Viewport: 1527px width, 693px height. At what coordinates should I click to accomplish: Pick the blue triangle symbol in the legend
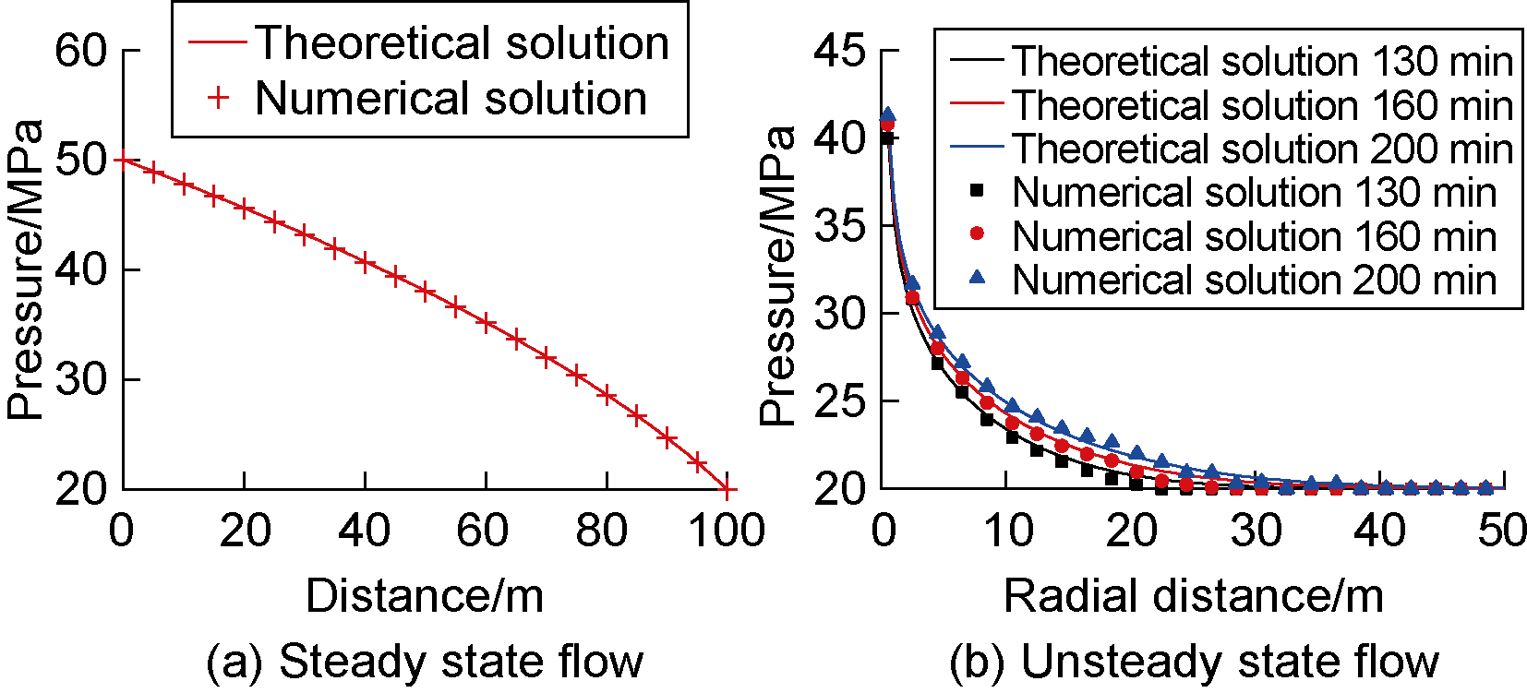click(x=977, y=277)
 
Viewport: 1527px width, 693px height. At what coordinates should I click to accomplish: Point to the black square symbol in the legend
click(x=977, y=191)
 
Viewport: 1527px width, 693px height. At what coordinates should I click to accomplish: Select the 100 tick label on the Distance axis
click(x=726, y=531)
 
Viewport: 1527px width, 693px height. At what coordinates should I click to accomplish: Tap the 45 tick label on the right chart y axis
click(x=840, y=50)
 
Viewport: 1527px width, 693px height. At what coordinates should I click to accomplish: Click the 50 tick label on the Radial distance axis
click(x=1502, y=531)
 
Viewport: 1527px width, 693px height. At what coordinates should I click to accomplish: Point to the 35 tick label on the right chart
click(x=840, y=225)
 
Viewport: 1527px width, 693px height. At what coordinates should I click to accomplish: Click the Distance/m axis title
click(x=425, y=596)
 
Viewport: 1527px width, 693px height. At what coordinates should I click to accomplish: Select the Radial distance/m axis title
click(x=1193, y=596)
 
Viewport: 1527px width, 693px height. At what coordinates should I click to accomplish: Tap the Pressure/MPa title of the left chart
click(x=26, y=269)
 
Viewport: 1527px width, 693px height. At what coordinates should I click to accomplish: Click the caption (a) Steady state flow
click(x=424, y=661)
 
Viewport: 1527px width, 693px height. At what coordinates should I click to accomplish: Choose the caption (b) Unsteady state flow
click(x=1193, y=661)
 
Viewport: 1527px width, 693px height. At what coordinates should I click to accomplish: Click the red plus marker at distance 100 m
click(x=727, y=488)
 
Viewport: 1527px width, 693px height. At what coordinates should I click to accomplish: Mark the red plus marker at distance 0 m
click(x=123, y=161)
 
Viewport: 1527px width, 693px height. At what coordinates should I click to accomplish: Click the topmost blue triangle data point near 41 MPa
click(x=887, y=115)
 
